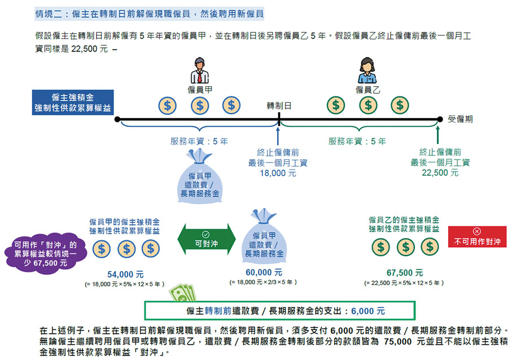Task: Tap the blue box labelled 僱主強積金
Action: [73, 103]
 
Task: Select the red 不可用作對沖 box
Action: [477, 236]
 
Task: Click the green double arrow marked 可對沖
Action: [207, 239]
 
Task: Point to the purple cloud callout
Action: [46, 253]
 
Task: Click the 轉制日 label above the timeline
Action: [279, 106]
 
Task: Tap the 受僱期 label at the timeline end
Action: [460, 119]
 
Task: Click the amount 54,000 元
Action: [125, 274]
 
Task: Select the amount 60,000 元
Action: [264, 273]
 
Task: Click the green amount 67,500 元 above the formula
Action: [405, 273]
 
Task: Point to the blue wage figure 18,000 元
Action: [278, 173]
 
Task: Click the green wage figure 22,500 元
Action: [440, 173]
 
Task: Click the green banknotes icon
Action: [183, 292]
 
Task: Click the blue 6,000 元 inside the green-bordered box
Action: [367, 311]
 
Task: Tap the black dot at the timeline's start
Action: [117, 120]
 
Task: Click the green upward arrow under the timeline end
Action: [437, 135]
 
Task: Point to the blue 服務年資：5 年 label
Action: [199, 141]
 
